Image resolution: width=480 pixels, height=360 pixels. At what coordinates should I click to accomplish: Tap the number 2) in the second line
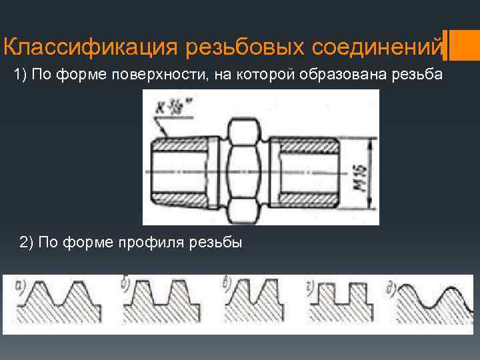(27, 242)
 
